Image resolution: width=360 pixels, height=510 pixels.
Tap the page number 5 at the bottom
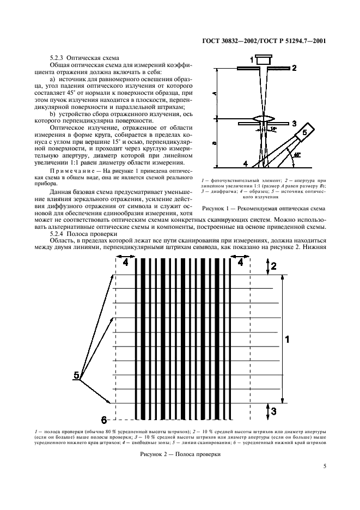324,466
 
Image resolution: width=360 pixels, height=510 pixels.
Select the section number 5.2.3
57,57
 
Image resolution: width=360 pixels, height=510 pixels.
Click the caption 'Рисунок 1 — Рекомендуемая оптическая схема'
264,208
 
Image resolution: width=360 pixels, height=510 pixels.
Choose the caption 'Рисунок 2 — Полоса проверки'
180,453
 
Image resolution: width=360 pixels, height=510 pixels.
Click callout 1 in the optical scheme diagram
252,58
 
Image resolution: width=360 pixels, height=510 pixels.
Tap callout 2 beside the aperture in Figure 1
294,68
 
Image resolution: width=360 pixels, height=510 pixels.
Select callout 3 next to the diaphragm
294,124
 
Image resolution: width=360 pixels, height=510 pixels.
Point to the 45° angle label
296,155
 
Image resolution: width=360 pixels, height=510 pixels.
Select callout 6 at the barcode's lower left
104,419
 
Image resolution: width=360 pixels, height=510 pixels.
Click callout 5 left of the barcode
77,375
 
